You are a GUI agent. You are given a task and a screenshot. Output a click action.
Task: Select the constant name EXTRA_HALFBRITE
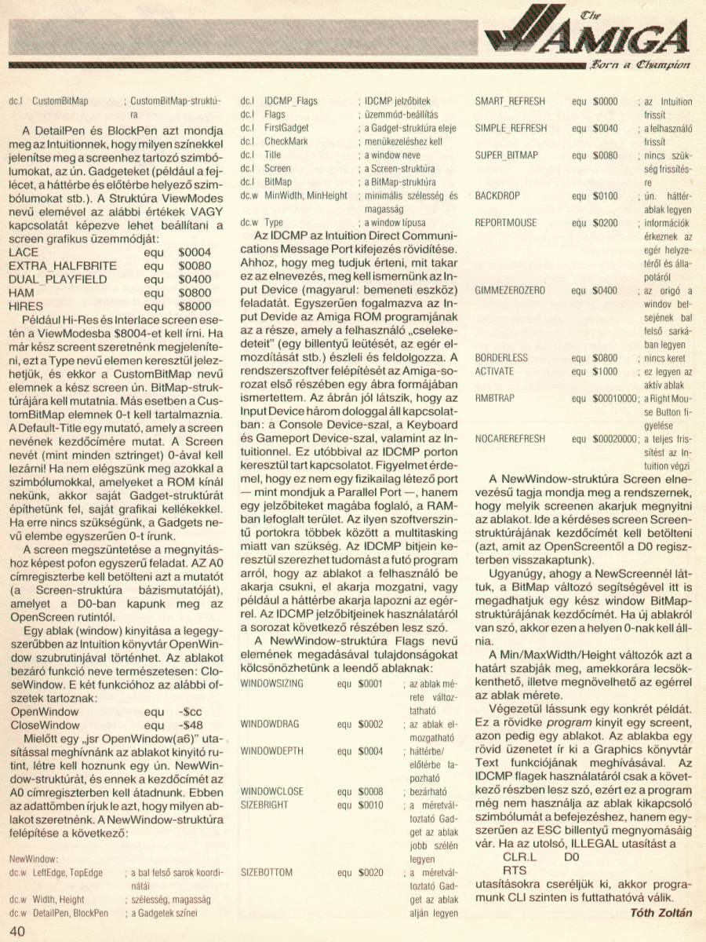coord(62,267)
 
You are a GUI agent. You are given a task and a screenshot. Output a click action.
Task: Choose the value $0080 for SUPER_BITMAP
coord(605,155)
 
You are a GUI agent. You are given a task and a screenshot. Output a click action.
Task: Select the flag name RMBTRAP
coord(495,398)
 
